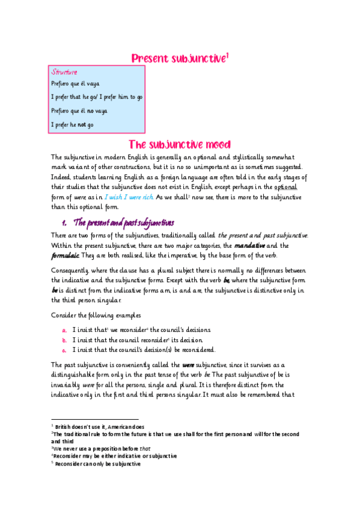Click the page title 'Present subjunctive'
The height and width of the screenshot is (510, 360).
[178, 58]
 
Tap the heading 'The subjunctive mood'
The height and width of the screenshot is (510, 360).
[180, 144]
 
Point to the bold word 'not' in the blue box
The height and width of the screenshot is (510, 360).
[82, 125]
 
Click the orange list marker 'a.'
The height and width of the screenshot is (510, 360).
[64, 330]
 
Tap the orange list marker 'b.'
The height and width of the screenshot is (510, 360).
[64, 340]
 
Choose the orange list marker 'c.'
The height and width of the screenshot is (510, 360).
[64, 350]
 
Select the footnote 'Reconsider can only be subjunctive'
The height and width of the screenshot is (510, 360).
[97, 464]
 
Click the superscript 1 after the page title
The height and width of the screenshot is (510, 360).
[228, 55]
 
